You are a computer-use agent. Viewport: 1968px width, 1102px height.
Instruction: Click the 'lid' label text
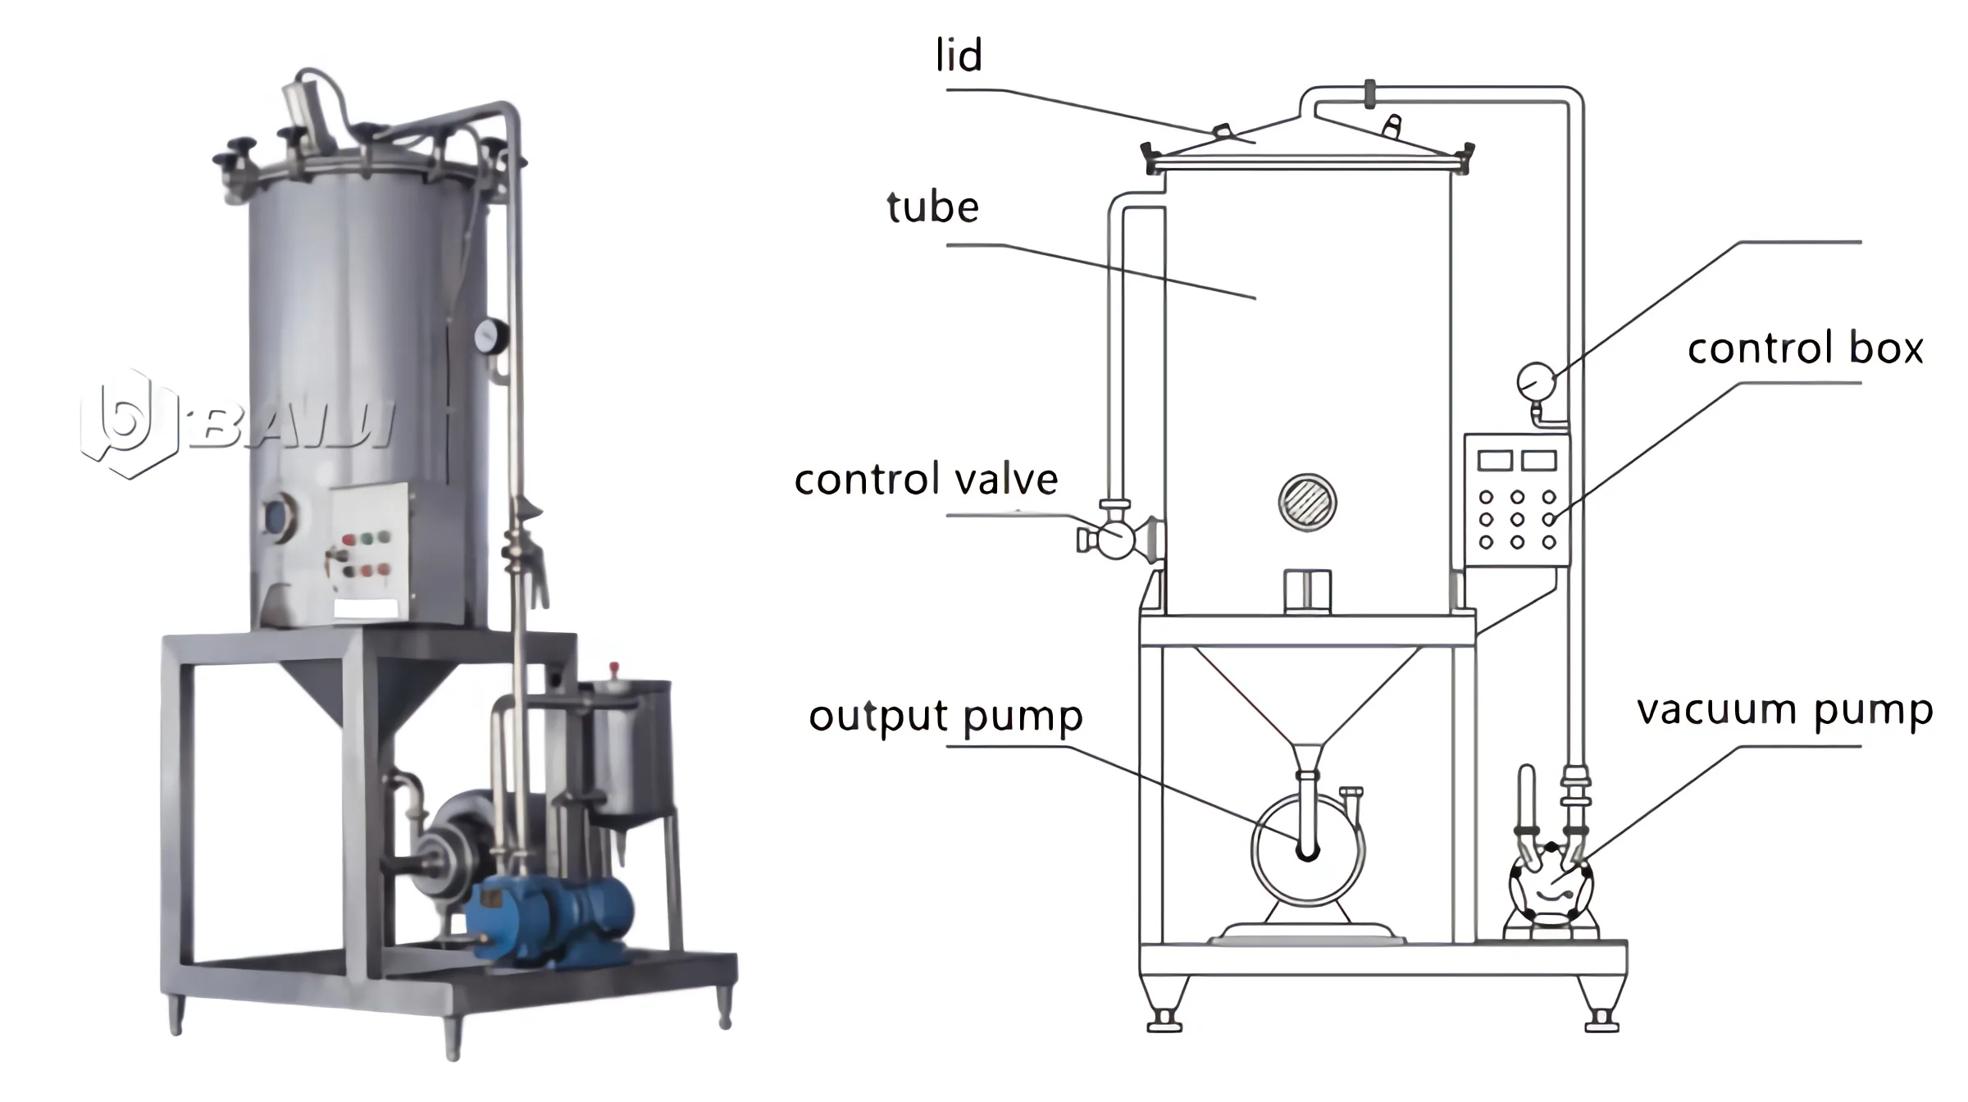pos(959,57)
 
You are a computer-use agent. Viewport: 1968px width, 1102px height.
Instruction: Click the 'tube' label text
pos(932,207)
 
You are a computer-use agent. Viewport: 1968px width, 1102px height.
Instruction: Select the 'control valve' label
pos(926,480)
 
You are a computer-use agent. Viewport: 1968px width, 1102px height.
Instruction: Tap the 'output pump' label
pos(945,716)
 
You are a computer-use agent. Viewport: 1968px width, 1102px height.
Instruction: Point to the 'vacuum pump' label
pos(1784,710)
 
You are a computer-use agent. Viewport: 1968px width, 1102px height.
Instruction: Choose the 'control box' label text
pos(1805,348)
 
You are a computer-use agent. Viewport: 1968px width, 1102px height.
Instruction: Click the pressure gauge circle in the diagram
pos(1536,381)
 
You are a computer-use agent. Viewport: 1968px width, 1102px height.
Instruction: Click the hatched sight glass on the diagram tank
pos(1307,503)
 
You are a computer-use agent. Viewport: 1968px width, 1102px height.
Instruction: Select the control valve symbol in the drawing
pos(1115,539)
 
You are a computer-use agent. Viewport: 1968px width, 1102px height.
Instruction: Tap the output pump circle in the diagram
pos(1307,850)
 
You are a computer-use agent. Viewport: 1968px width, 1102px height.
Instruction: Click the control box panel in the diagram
pos(1516,500)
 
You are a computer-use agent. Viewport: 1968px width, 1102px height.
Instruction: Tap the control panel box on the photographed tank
pos(370,546)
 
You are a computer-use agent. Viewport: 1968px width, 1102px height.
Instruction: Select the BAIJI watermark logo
pos(238,424)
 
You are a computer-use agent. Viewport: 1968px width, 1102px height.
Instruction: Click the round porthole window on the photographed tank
pos(276,516)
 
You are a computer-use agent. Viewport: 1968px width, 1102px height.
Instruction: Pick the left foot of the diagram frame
pos(1164,1009)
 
